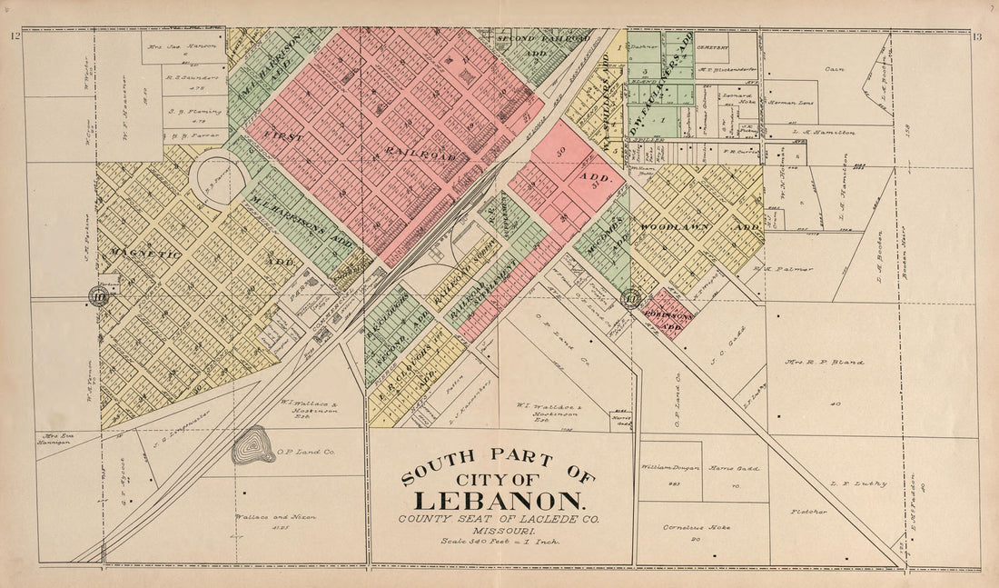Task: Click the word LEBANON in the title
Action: pyautogui.click(x=499, y=501)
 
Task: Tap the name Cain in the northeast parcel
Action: pyautogui.click(x=833, y=68)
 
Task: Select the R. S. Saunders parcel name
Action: pyautogui.click(x=192, y=78)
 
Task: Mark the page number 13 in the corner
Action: pyautogui.click(x=977, y=36)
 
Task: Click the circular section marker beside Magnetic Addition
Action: pyautogui.click(x=97, y=294)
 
